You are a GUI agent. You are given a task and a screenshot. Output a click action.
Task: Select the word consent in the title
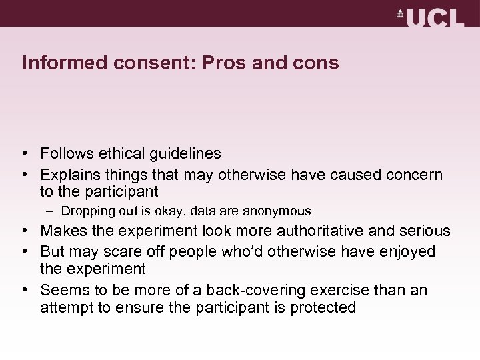coord(137,63)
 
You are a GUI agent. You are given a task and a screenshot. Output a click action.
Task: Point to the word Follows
coord(65,154)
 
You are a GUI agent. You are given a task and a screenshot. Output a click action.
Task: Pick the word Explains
coord(69,175)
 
